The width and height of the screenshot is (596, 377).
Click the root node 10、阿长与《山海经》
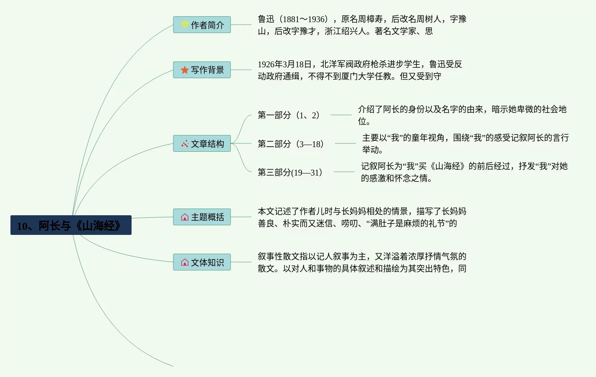click(71, 225)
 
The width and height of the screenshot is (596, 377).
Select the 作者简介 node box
click(202, 25)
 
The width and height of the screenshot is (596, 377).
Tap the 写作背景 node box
click(202, 70)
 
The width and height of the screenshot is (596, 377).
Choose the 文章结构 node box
click(202, 143)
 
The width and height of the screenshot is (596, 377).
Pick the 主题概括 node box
click(202, 217)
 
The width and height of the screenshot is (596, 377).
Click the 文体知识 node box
click(202, 262)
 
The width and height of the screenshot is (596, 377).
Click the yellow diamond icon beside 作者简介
click(185, 25)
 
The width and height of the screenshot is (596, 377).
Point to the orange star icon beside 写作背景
click(185, 70)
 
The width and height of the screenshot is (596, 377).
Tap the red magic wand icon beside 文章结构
click(185, 144)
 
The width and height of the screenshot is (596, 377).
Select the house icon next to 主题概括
click(185, 217)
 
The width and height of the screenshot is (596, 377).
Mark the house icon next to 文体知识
click(185, 262)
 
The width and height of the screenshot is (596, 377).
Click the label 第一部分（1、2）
click(289, 115)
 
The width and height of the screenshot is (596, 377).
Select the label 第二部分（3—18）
click(291, 144)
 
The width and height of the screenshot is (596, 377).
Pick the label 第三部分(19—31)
click(290, 173)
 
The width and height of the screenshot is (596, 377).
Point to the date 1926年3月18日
click(285, 64)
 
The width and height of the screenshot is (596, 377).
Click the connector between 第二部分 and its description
click(345, 143)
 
